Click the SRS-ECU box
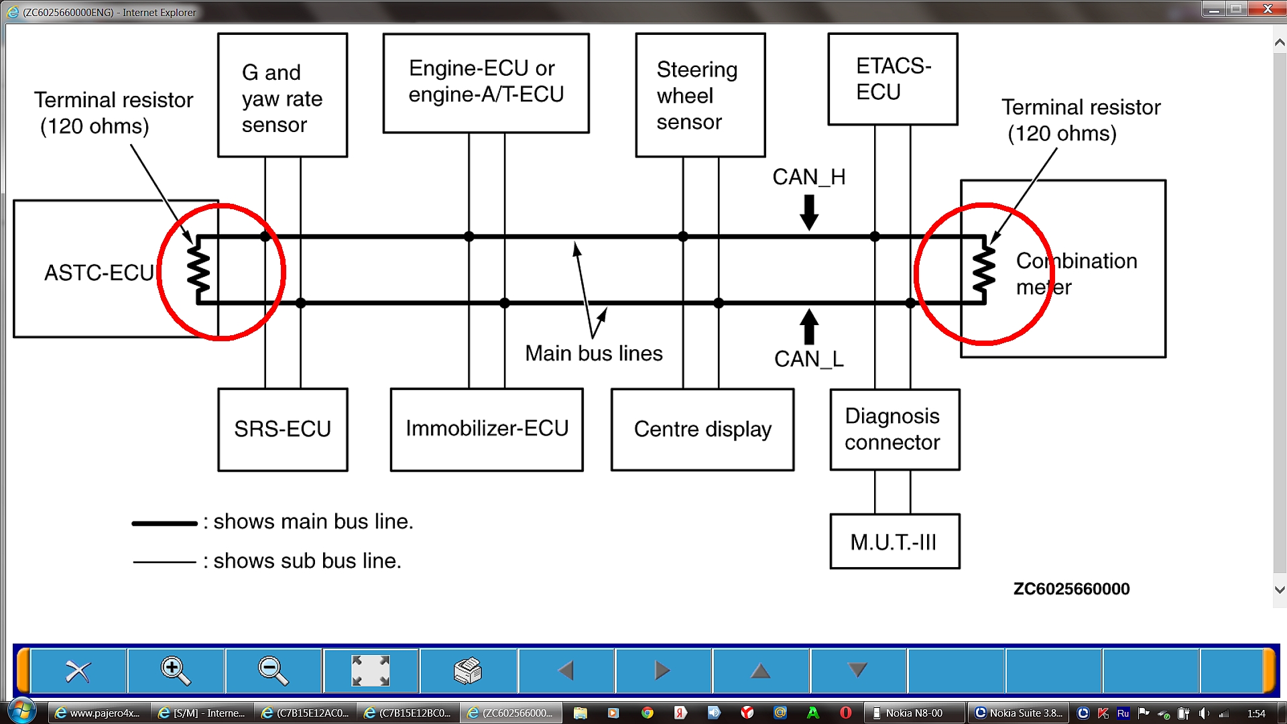click(x=282, y=430)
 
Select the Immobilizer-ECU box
click(x=487, y=429)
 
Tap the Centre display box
click(x=702, y=430)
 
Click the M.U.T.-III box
click(x=894, y=542)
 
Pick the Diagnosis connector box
click(x=894, y=430)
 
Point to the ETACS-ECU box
click(x=892, y=79)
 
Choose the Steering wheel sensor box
click(x=700, y=95)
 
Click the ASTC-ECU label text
click(x=99, y=273)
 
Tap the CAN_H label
click(x=808, y=177)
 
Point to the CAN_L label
click(x=808, y=359)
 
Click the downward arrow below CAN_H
click(x=809, y=212)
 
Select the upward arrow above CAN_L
click(x=809, y=326)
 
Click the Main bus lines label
click(x=593, y=353)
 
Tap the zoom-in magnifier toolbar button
click(x=176, y=670)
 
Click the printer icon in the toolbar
click(x=468, y=670)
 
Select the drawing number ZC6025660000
click(x=1071, y=589)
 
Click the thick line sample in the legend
click(x=164, y=523)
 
